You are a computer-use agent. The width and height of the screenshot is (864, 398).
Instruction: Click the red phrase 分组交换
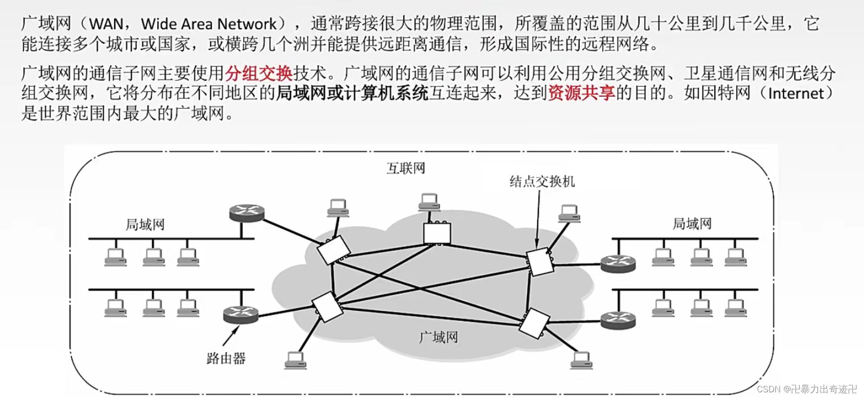pos(259,74)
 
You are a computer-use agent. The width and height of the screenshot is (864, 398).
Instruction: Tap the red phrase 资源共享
pos(582,93)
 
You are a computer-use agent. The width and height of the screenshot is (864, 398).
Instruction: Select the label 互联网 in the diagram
pos(406,168)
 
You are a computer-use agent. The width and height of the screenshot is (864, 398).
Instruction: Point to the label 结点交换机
pos(542,182)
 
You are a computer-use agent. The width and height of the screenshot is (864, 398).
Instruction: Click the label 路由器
pos(226,359)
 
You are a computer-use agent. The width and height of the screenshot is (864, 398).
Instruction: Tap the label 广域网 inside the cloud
pos(438,337)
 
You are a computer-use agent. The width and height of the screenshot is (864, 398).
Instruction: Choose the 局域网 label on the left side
pos(145,224)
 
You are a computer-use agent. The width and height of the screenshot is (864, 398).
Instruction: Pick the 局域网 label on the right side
pos(692,223)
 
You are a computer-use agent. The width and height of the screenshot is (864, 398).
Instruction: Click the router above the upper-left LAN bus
pos(246,213)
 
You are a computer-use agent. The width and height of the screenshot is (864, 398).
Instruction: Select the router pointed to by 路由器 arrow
pos(241,315)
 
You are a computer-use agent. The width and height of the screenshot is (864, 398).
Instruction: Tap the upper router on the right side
pos(618,264)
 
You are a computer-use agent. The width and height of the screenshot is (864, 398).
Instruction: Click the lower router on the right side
pos(618,320)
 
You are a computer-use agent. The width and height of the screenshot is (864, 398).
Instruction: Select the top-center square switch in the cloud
pos(437,233)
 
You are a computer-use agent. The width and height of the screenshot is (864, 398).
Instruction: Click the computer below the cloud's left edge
pos(295,360)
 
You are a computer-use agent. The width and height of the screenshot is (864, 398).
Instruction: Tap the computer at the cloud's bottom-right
pos(581,360)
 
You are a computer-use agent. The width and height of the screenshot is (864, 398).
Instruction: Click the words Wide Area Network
pos(209,24)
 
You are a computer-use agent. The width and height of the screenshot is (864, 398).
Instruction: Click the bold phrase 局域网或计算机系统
pos(352,93)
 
